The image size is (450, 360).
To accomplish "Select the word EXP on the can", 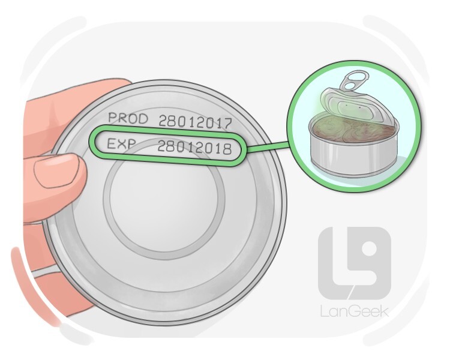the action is click(x=120, y=143).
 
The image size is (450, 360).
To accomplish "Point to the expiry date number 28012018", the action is click(x=194, y=148).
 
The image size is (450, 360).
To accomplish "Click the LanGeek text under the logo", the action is click(x=355, y=311).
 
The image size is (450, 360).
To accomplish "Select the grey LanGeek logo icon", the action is click(x=355, y=263).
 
